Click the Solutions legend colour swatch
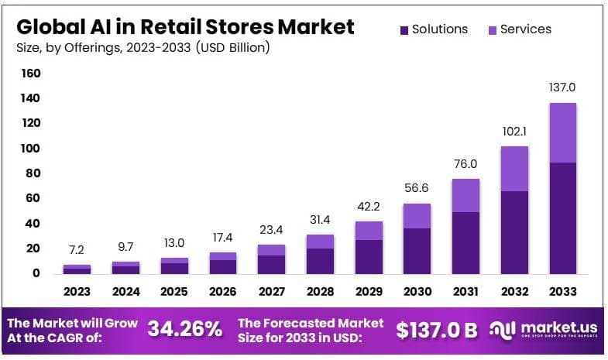[x=404, y=30]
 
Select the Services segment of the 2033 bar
[x=562, y=132]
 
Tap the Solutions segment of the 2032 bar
[x=514, y=231]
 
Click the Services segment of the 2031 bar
[x=465, y=195]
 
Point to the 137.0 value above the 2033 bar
[x=562, y=87]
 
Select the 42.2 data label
[x=368, y=207]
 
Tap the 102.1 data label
[x=514, y=131]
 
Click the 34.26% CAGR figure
[x=185, y=329]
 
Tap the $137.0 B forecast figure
[x=436, y=330]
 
